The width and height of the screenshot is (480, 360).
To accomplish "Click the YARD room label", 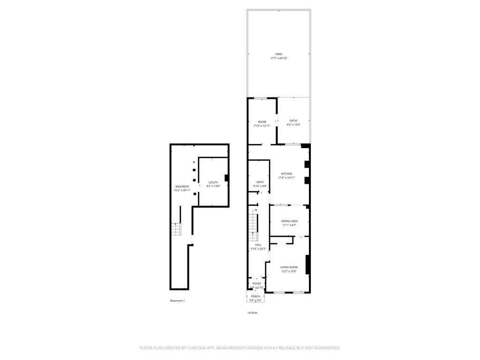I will coord(278,54).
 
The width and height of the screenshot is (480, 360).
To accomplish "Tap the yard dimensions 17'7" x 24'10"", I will coord(278,58).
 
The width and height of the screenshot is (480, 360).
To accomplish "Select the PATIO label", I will coord(293,120).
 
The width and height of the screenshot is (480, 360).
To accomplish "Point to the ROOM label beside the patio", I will coord(262,122).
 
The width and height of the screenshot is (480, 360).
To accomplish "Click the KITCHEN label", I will coord(286,173).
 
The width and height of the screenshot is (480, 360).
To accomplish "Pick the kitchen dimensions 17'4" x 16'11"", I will coord(286,178).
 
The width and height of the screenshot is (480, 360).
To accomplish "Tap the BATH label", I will coord(260,182).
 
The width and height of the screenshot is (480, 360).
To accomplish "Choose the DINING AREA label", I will coord(289,221).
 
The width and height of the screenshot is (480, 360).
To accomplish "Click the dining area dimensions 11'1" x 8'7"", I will coord(289,225).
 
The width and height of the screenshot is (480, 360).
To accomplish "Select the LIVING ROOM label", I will coord(289,267).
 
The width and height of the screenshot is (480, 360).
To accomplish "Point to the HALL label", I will coord(258,245).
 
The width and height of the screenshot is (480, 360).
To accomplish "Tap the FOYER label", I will coord(257,284).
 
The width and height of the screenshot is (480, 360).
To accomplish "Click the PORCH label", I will coord(255,296).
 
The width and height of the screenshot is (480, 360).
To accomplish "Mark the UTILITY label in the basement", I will coord(213,182).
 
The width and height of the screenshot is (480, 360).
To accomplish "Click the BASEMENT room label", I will coord(182,186).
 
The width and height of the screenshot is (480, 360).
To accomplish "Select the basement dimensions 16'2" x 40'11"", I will coord(182,190).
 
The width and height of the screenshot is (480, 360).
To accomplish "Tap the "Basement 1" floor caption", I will coord(177,300).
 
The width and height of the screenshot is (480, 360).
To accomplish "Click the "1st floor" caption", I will coord(252,313).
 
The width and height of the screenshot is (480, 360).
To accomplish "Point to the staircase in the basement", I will coord(176,229).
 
